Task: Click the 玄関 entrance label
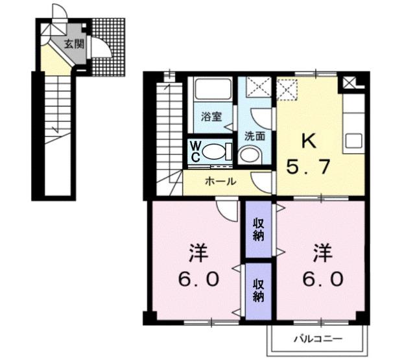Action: [x=74, y=44]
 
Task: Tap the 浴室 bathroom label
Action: [x=211, y=117]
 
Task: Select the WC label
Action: [x=195, y=152]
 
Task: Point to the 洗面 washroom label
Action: [x=254, y=136]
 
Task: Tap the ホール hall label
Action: [x=220, y=182]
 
